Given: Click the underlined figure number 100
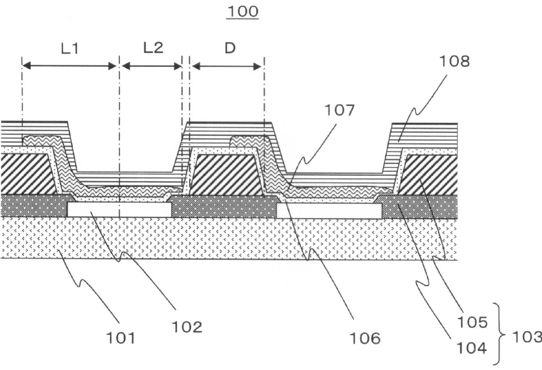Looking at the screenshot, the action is click(x=243, y=12).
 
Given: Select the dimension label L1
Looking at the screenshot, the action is click(x=70, y=48).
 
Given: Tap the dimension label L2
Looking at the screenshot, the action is click(x=153, y=48).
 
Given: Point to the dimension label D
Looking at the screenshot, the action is click(x=230, y=48).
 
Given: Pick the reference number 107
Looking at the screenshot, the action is click(x=339, y=110).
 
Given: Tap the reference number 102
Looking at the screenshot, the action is click(x=187, y=327).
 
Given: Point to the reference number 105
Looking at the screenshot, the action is click(x=472, y=322).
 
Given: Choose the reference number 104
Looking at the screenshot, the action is click(x=472, y=349).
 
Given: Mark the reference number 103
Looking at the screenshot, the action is click(x=527, y=337).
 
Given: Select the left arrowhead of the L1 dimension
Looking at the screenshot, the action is click(x=26, y=66).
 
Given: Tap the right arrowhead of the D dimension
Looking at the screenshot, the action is click(x=257, y=66).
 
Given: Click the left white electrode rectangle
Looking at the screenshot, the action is click(x=119, y=210).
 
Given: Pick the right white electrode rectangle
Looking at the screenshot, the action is click(x=329, y=211).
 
